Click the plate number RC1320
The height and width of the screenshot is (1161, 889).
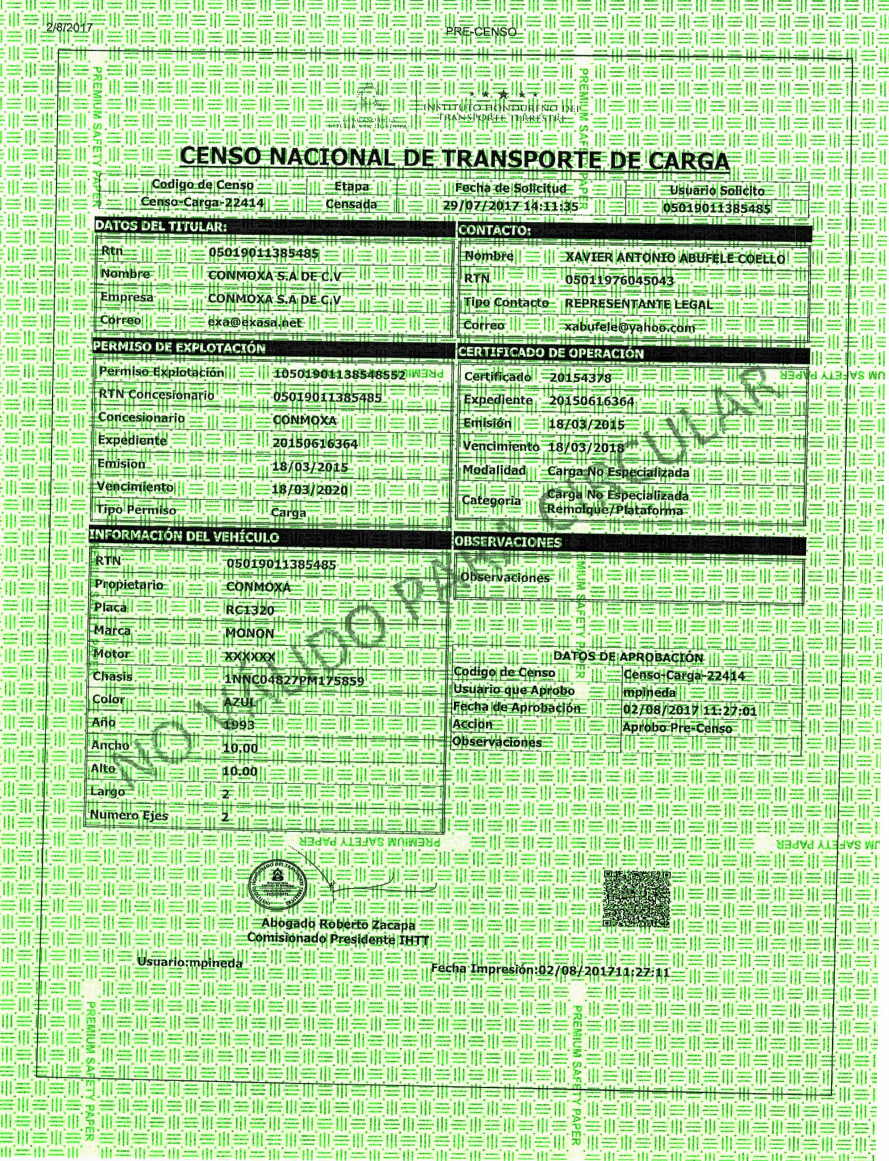click(250, 610)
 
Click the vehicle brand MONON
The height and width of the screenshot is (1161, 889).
click(250, 633)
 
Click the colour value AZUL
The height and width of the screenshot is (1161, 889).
click(240, 702)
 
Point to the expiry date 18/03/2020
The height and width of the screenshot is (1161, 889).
click(309, 490)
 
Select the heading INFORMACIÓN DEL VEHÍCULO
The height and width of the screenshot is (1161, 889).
click(184, 537)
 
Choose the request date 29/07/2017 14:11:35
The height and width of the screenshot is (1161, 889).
click(511, 206)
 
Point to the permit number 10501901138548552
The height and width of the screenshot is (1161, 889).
click(339, 375)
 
